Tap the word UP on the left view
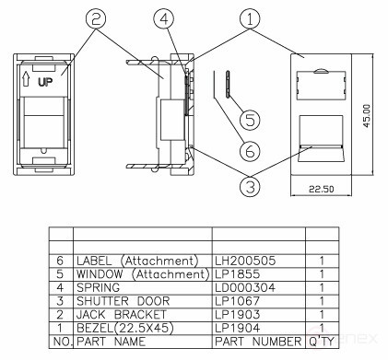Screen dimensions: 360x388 pos(47,81)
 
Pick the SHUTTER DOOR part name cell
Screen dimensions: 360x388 pos(123,300)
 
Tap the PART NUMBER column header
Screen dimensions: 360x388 pos(256,341)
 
